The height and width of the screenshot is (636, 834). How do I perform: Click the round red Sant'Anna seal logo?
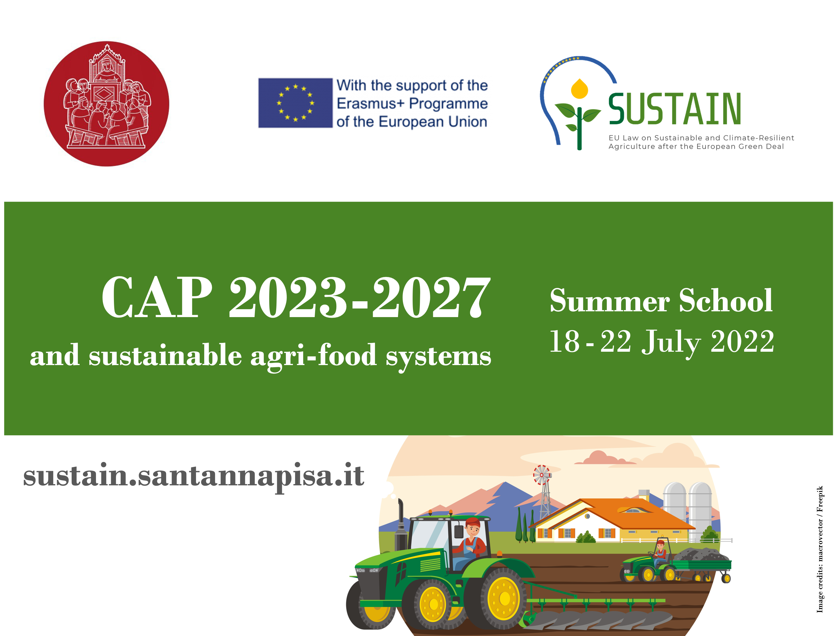point(106,104)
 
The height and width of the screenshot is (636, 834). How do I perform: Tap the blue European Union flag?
point(295,103)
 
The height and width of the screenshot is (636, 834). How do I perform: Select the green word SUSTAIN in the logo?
point(674,109)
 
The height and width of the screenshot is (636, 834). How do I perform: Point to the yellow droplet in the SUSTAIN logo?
point(579,89)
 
